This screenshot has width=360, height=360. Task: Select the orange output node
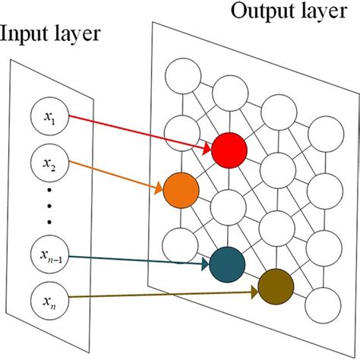coord(181,190)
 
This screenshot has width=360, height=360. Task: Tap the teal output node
coord(228,264)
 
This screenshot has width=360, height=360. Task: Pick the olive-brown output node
coord(275,286)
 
